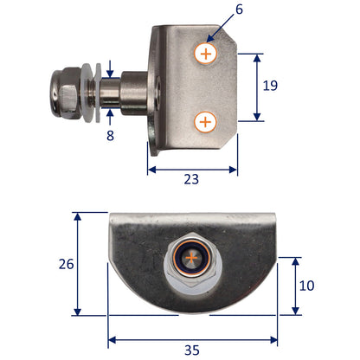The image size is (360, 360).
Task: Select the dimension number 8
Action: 111,135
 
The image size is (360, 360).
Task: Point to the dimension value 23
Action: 191,180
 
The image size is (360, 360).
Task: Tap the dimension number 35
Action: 191,350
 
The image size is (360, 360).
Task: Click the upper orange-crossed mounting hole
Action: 206,54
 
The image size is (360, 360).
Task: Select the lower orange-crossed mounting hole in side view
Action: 206,122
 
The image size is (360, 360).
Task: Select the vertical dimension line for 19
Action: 257,87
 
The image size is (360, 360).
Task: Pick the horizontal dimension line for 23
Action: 192,168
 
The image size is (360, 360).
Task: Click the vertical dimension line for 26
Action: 78,264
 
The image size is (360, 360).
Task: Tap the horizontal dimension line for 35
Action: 192,338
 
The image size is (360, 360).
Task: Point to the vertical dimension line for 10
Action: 297,286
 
